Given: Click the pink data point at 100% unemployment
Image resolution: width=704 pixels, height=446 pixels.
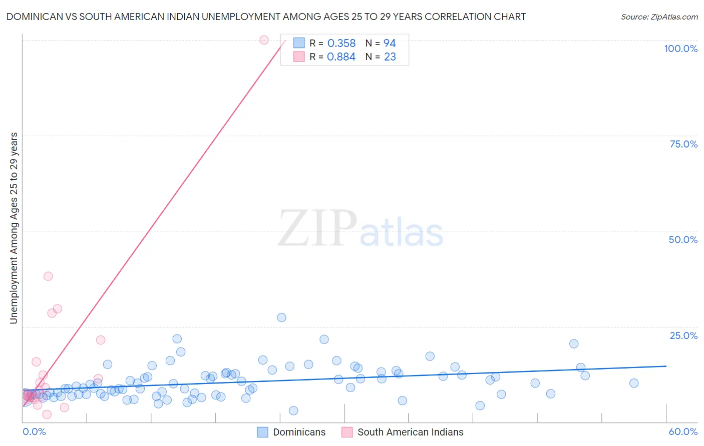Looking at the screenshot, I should (x=264, y=40).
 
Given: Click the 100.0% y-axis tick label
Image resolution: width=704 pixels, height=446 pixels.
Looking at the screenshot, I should (x=680, y=48).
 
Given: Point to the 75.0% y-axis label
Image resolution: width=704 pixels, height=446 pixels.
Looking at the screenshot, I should (x=683, y=144).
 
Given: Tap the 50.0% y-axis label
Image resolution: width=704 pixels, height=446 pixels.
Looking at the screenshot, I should (x=683, y=239).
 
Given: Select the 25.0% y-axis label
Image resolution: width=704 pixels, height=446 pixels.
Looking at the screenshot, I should (x=683, y=335).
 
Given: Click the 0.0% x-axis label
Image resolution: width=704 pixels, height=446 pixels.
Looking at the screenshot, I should (x=34, y=431).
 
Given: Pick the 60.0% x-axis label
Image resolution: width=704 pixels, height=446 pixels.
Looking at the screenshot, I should (x=683, y=431).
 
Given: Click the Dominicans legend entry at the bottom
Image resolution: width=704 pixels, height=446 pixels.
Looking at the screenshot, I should (x=299, y=432).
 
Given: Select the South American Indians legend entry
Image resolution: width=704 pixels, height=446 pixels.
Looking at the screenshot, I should (x=410, y=432).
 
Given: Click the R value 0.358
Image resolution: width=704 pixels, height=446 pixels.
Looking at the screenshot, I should (x=341, y=43).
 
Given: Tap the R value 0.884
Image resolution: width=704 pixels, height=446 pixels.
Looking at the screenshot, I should (x=341, y=57).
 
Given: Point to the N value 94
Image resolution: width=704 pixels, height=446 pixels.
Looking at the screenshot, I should (x=390, y=43).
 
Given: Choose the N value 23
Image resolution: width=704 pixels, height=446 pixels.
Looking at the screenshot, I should (x=390, y=57).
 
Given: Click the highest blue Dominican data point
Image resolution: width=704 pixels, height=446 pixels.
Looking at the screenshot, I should (x=281, y=317).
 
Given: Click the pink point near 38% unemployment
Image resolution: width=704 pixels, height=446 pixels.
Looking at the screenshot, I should (x=48, y=276).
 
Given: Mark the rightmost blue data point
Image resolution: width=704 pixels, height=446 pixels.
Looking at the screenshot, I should (x=634, y=383).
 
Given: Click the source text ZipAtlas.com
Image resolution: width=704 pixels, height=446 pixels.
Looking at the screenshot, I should (x=659, y=17).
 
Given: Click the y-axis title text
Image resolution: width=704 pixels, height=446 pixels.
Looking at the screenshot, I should (x=14, y=228).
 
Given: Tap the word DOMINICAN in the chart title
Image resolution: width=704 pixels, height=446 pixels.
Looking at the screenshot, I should (x=32, y=16).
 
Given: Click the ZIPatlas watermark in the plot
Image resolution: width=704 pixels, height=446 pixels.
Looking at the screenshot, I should (x=361, y=229).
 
